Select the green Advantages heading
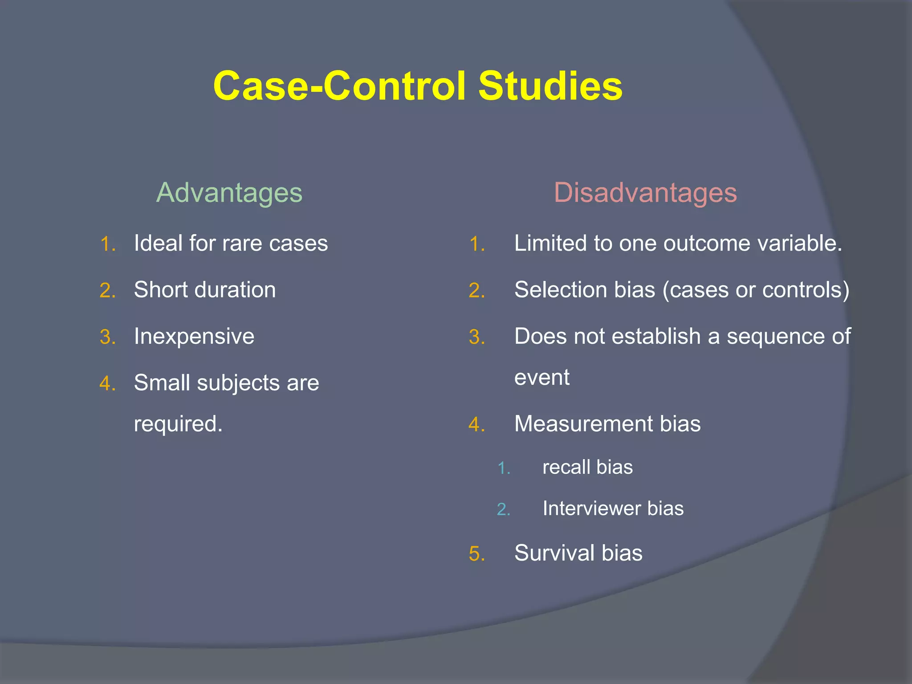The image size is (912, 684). (229, 193)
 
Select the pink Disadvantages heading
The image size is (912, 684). (645, 193)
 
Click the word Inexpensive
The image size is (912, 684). (194, 336)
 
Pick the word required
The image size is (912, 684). (178, 423)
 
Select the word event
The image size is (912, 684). (541, 378)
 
